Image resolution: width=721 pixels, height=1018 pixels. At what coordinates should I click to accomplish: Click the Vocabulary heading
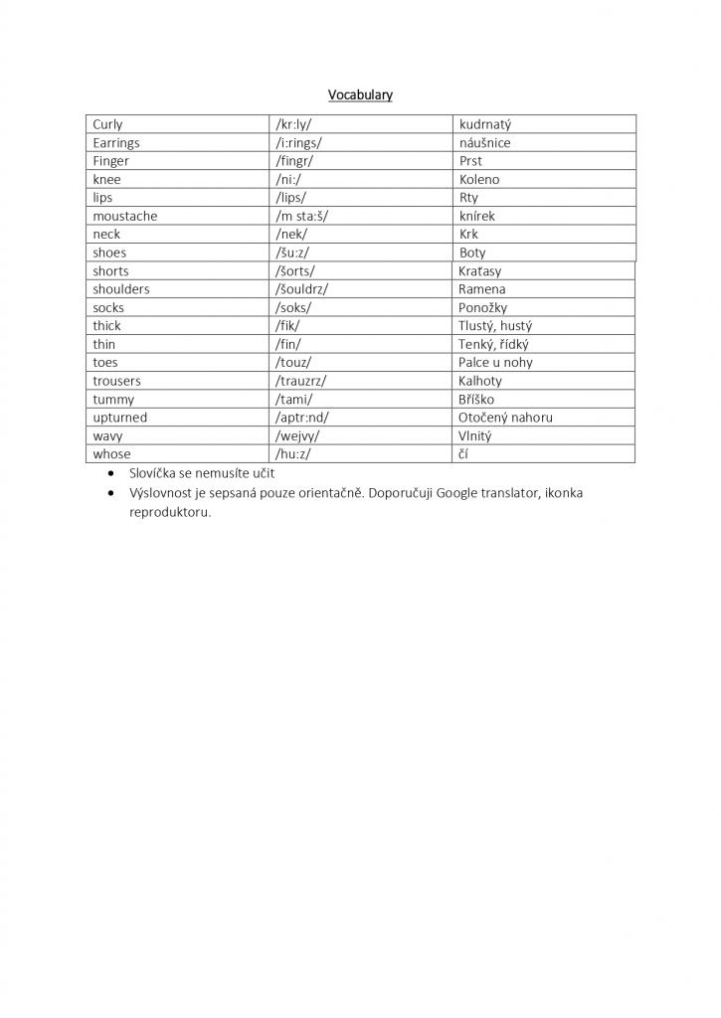point(360,95)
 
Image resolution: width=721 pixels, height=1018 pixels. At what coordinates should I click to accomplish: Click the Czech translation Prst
point(470,161)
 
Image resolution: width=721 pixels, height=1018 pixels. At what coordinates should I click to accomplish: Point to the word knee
point(106,179)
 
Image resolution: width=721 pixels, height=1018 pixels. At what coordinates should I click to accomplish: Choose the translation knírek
point(476,216)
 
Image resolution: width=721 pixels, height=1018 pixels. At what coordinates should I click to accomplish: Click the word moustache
point(125,216)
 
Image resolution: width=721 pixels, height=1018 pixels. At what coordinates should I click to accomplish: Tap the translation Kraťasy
point(482,271)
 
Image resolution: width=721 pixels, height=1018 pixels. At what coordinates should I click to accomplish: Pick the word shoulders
point(121,289)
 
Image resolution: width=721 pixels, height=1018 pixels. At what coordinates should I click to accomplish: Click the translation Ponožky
point(482,308)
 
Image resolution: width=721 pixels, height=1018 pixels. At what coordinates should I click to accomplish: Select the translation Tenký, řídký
point(493,344)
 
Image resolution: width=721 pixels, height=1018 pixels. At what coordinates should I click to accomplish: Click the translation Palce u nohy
point(496,363)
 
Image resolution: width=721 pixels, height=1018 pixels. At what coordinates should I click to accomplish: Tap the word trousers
point(116,381)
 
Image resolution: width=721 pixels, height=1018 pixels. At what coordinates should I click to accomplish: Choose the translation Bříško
point(476,400)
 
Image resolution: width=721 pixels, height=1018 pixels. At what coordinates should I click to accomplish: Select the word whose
point(111,454)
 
